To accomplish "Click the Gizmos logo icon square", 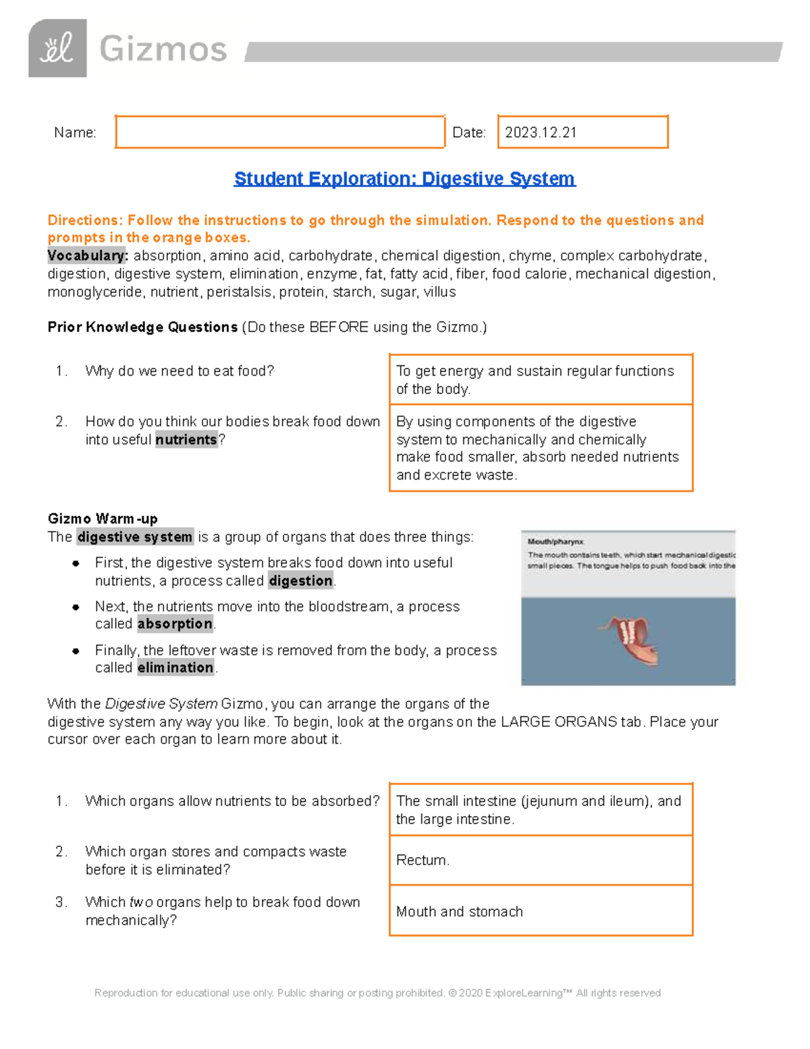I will [x=57, y=49].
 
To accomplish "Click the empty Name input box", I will [x=279, y=132].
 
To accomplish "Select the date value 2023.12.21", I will [x=541, y=132].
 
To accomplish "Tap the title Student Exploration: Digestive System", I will [x=404, y=178].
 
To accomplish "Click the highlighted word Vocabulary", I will [x=87, y=256].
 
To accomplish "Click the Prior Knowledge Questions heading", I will [x=142, y=327].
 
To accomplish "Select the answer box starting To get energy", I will [x=541, y=380].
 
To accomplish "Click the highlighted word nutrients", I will [x=186, y=440].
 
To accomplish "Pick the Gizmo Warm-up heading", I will [x=103, y=519].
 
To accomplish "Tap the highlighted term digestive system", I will [x=135, y=537].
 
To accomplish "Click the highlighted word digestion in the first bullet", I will [x=300, y=581].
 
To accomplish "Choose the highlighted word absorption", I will [x=175, y=624].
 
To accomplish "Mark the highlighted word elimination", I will [x=175, y=668].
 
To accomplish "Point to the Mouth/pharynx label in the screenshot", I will [x=556, y=542].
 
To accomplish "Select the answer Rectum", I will [x=423, y=860].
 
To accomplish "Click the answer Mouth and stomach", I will [x=460, y=911].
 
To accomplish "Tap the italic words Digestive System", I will [x=161, y=704].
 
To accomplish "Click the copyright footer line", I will [x=377, y=993].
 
